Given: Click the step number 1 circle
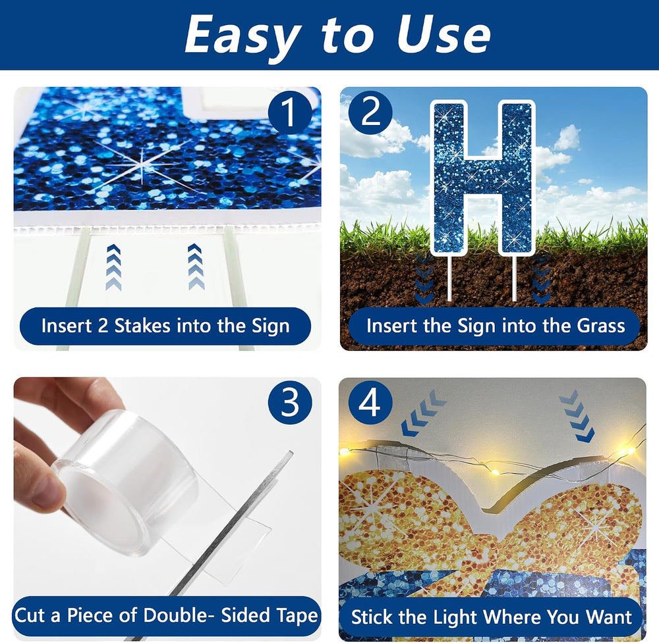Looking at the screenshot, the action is point(290,113).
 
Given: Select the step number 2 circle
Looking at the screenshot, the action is point(370,113).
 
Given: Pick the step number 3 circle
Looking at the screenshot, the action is point(290,403).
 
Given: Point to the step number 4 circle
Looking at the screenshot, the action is point(370,403).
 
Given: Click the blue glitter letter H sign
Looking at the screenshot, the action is point(482,178).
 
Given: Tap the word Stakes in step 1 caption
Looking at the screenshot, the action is point(142,326).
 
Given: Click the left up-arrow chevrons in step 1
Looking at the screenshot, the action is point(114,267).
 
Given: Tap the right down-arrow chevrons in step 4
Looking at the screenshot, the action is point(577,416).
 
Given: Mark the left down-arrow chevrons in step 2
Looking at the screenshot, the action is point(424,278).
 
